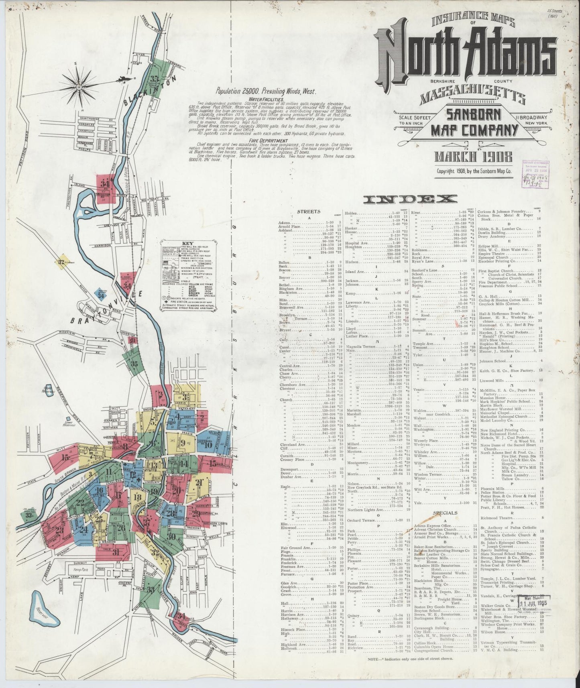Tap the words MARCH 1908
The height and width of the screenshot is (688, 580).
[474, 156]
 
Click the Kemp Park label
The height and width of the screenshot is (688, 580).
[81, 569]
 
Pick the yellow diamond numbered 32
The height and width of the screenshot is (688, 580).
[62, 262]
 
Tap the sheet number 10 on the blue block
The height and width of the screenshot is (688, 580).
[208, 445]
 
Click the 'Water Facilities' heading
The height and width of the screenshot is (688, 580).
[266, 99]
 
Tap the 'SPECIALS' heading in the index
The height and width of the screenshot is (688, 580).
[445, 513]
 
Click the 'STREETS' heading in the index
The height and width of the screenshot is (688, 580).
[308, 211]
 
